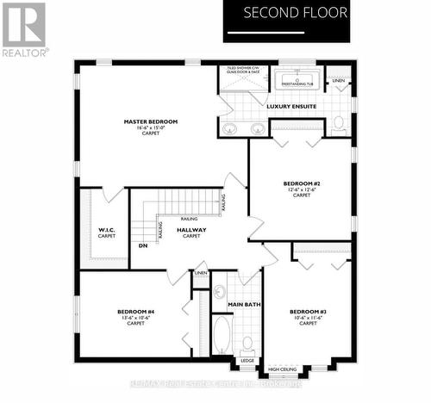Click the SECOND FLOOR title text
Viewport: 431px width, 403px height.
point(295,13)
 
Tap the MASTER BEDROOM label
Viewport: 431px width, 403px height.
point(150,121)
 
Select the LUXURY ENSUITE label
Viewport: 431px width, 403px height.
point(291,107)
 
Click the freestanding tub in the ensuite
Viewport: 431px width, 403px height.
point(297,84)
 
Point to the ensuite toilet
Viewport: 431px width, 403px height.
point(340,121)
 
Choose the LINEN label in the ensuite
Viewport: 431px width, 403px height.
point(339,81)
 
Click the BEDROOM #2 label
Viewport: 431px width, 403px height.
point(302,183)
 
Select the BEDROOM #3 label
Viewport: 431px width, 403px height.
point(307,311)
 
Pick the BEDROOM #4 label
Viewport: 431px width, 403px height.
point(136,311)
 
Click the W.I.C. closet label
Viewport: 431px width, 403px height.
point(107,230)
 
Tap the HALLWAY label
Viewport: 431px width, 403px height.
point(191,230)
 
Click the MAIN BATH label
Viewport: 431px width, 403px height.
point(244,305)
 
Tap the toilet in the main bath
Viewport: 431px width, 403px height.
point(247,342)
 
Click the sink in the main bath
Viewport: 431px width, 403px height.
point(219,290)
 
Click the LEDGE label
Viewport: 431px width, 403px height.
point(247,361)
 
